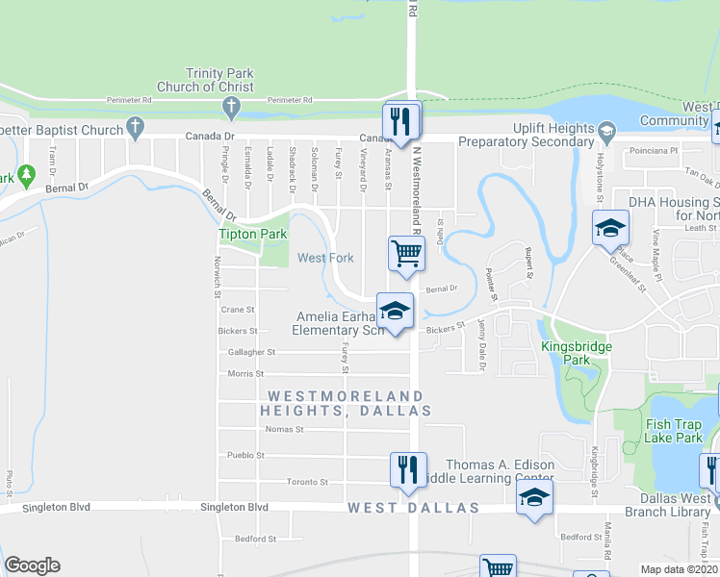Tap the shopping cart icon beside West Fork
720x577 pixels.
tap(406, 254)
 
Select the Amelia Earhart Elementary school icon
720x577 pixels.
tap(394, 310)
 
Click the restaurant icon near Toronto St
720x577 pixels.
tap(407, 468)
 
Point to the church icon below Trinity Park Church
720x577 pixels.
tap(230, 105)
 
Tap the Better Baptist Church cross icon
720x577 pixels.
tap(136, 128)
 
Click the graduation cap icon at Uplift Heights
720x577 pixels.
tap(606, 130)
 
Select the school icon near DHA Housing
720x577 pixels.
tap(608, 229)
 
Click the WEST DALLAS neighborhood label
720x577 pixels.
tap(413, 507)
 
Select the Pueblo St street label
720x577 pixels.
tap(246, 455)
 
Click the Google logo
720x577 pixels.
tap(33, 565)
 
